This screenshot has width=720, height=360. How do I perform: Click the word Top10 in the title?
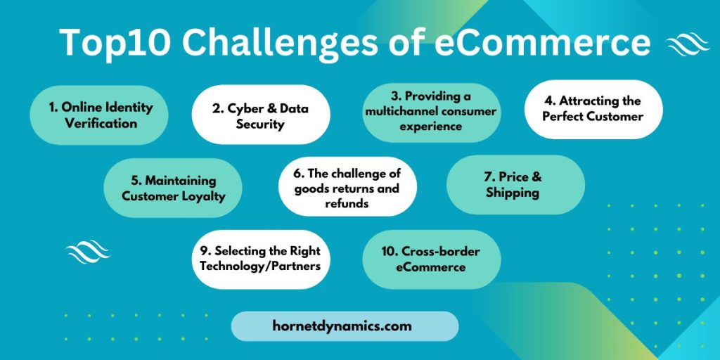coord(115,42)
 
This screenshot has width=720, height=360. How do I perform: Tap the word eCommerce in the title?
coord(542,42)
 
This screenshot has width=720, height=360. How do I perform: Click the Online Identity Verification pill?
coord(99,115)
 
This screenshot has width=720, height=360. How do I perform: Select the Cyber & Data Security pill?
coord(261,115)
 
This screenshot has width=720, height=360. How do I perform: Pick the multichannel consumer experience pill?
coord(431,112)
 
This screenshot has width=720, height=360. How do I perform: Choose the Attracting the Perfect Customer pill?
coord(593,109)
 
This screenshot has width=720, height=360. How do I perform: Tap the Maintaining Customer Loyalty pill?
coord(173,188)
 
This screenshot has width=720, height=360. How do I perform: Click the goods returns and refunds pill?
coord(347,187)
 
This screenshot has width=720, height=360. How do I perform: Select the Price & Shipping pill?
coord(515,185)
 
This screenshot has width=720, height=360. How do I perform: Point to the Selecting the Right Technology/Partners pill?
coord(261,259)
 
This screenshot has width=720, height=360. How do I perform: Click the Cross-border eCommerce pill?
coord(431,259)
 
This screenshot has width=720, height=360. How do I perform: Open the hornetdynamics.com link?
coord(345,326)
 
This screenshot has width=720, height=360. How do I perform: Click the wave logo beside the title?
coord(688,44)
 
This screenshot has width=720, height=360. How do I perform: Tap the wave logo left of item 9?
coord(88,252)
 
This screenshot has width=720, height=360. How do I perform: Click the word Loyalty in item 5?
coord(203,197)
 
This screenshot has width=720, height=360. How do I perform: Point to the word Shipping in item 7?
coord(513,193)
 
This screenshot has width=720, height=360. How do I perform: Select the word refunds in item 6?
coord(347,203)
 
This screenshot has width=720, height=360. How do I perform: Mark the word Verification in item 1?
coord(101,123)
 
